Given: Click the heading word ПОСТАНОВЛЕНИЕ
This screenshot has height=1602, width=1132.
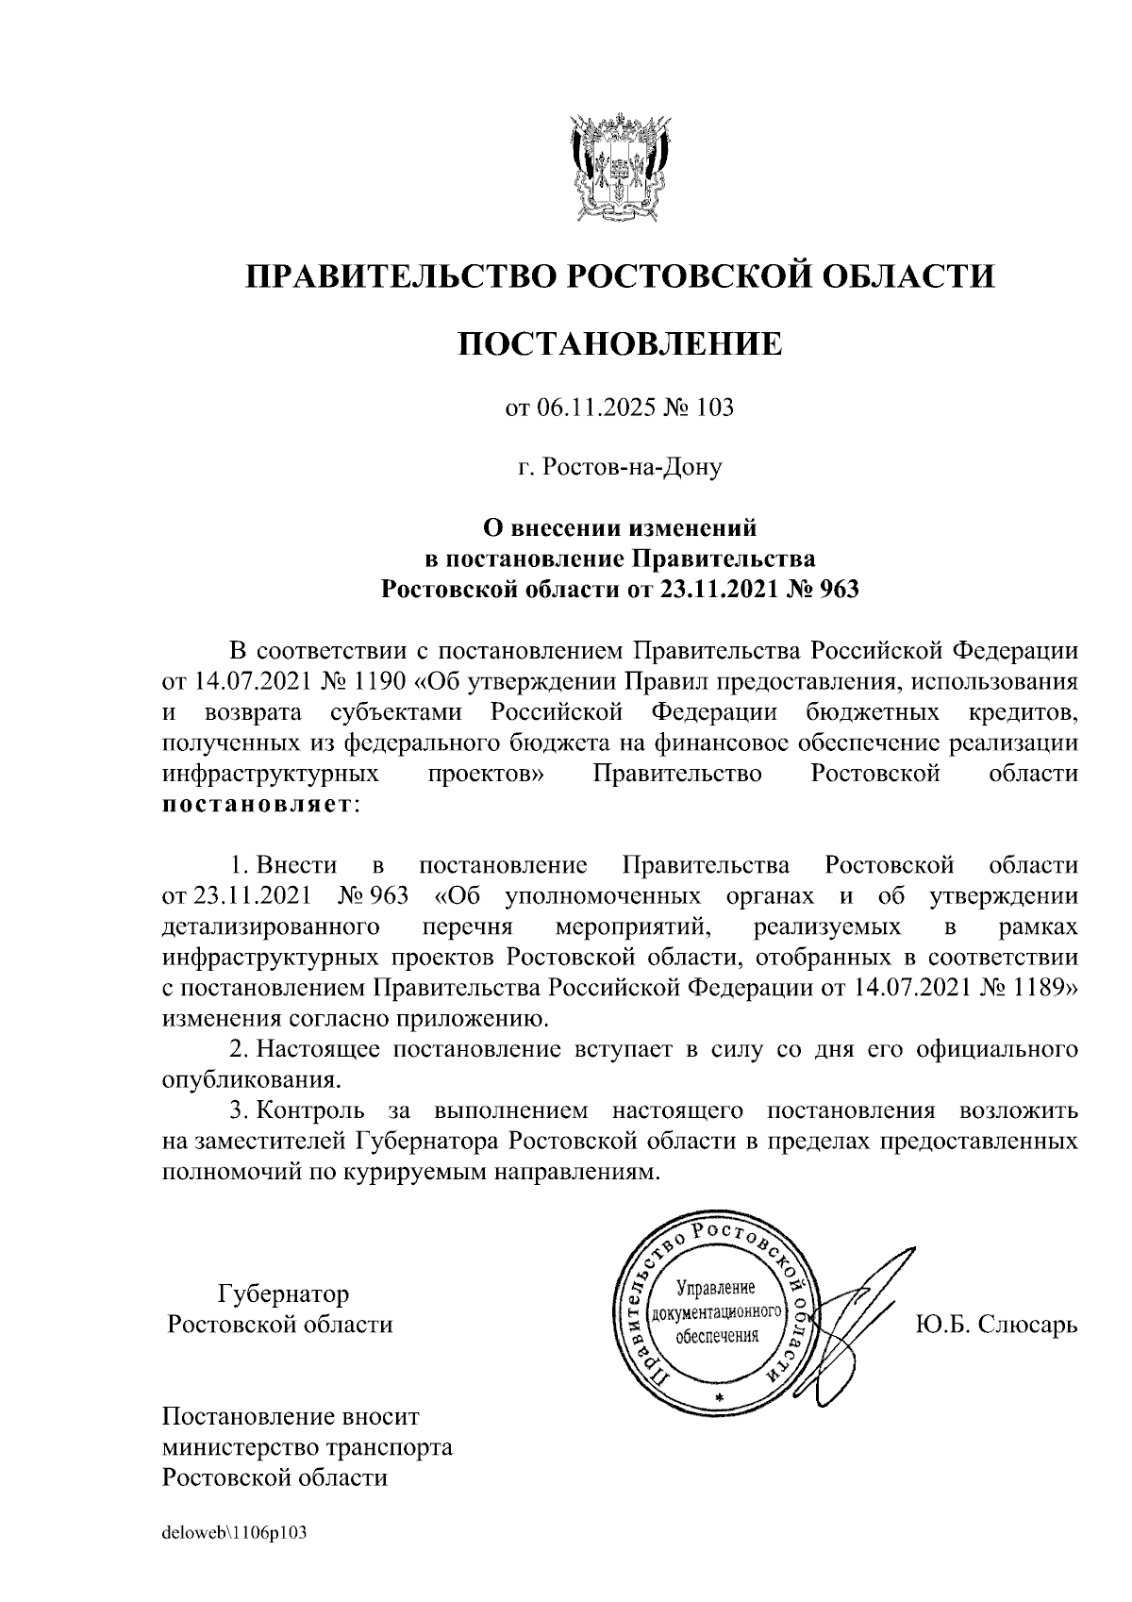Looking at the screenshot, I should (620, 344).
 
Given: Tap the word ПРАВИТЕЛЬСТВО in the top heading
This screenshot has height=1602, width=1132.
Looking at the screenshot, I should (396, 276).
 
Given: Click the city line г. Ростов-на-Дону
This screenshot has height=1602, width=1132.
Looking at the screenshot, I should (620, 467).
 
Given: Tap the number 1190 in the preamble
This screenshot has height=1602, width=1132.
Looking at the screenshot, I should (377, 680).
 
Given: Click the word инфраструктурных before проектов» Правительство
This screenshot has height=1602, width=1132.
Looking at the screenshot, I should (271, 774).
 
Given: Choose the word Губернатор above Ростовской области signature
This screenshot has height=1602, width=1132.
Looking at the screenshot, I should (283, 1293).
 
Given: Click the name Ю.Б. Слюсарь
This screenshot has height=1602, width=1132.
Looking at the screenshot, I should (995, 1325).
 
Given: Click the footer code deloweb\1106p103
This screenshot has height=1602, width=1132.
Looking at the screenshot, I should (235, 1534).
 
